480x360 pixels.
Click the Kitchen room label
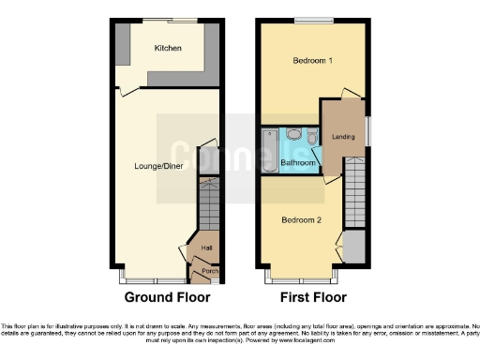(x=168, y=48)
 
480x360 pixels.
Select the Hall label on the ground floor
(x=205, y=248)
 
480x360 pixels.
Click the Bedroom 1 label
(x=313, y=61)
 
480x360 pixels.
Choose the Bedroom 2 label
(x=301, y=220)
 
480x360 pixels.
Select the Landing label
(x=343, y=139)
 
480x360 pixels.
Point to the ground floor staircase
(x=207, y=205)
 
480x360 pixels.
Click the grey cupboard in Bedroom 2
(x=354, y=247)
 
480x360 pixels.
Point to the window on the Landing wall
(x=367, y=131)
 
